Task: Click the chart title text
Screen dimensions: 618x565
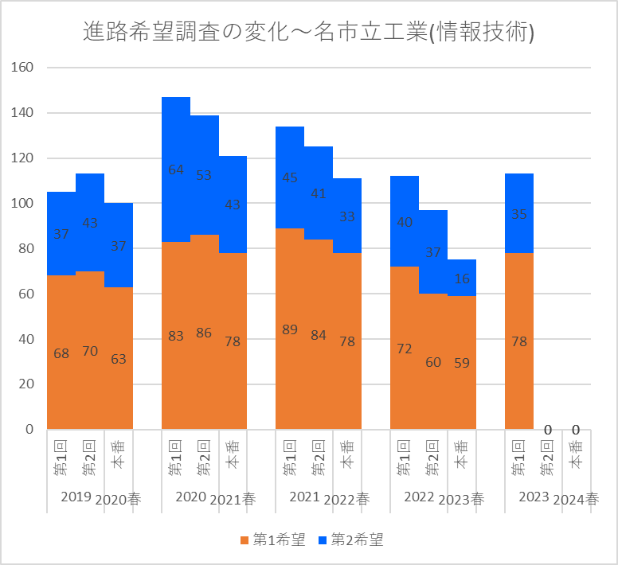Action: (308, 32)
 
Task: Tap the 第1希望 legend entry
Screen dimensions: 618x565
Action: (272, 540)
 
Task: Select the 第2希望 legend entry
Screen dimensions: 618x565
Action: (350, 540)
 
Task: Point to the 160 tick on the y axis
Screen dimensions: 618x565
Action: (22, 68)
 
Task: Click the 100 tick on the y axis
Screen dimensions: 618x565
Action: (22, 203)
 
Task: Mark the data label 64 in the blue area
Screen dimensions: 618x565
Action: (176, 169)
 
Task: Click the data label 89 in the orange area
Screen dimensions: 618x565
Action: (290, 329)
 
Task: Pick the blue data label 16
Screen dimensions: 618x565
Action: (462, 279)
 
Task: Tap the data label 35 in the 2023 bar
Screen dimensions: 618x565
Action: (519, 214)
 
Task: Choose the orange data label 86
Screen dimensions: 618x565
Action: (204, 333)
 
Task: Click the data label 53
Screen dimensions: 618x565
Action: (204, 175)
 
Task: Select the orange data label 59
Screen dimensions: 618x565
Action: (462, 363)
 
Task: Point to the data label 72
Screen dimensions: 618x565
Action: (405, 349)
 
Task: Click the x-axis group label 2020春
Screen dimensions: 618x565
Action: (118, 500)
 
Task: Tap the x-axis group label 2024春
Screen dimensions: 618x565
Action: (576, 500)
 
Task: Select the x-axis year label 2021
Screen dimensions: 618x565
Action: (304, 497)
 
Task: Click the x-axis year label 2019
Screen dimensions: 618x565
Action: (76, 497)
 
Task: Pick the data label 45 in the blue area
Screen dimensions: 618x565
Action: (290, 177)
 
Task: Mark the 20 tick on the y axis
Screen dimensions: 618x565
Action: (26, 384)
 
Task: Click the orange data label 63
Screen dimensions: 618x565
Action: (118, 359)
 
